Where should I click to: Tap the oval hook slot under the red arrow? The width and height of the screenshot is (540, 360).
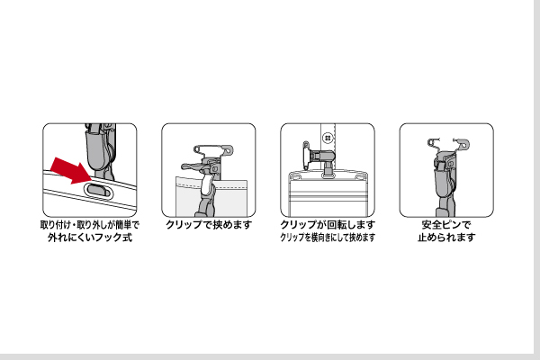point(99,190)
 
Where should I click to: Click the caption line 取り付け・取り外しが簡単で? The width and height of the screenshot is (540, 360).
point(89,224)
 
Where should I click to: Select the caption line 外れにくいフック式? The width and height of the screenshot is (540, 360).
point(89,238)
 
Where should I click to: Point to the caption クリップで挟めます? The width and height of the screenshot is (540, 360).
point(208,224)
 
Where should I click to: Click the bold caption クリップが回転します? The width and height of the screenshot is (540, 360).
point(327,224)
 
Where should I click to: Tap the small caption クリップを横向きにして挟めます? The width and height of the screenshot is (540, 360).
point(327,238)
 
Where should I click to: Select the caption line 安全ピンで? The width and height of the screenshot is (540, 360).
point(445,224)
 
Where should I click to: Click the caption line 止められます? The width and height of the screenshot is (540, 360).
point(445,238)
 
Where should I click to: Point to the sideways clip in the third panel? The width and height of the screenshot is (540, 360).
point(320,157)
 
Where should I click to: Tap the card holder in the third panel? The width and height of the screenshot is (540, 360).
point(328,193)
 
